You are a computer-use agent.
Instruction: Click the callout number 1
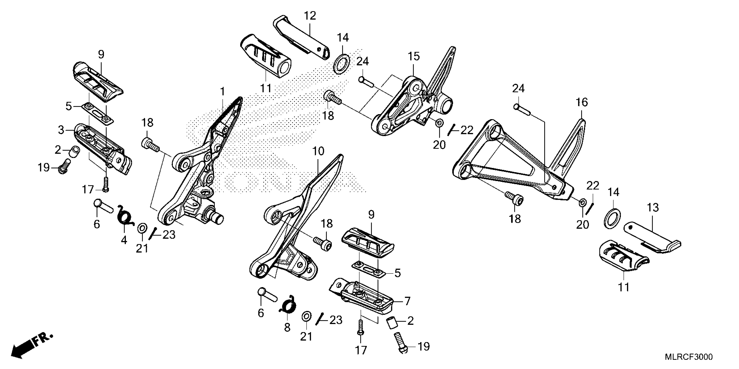click(222, 92)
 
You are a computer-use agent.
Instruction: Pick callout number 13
click(653, 208)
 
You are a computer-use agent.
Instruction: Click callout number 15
click(414, 56)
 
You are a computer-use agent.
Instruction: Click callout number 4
click(124, 240)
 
